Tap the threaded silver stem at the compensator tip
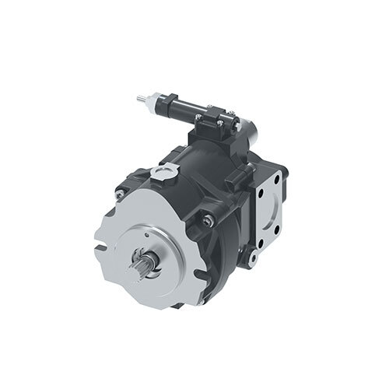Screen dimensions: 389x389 pyautogui.click(x=141, y=99)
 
